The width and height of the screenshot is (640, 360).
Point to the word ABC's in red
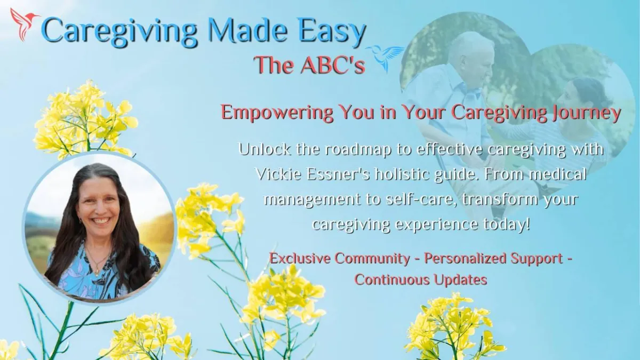(x=333, y=65)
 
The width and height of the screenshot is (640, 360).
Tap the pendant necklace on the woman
(x=98, y=269)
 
